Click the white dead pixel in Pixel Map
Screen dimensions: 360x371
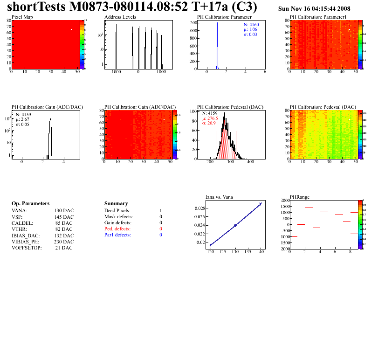pyautogui.click(x=71, y=29)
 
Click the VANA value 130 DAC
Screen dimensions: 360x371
pyautogui.click(x=64, y=211)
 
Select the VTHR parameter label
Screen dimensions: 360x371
pyautogui.click(x=19, y=229)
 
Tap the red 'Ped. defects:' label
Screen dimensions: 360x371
pyautogui.click(x=117, y=229)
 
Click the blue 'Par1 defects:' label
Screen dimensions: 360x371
pyautogui.click(x=117, y=235)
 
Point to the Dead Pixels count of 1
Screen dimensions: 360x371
pyautogui.click(x=160, y=211)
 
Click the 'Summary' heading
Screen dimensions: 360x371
pyautogui.click(x=116, y=203)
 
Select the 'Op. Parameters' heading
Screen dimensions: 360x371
pyautogui.click(x=30, y=203)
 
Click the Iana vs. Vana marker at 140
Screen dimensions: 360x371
pyautogui.click(x=261, y=204)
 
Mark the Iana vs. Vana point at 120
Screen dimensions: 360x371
pyautogui.click(x=211, y=245)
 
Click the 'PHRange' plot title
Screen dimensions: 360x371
pyautogui.click(x=300, y=197)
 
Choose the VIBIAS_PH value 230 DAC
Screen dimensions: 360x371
pyautogui.click(x=64, y=242)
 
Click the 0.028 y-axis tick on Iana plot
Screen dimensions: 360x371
pyautogui.click(x=199, y=208)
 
